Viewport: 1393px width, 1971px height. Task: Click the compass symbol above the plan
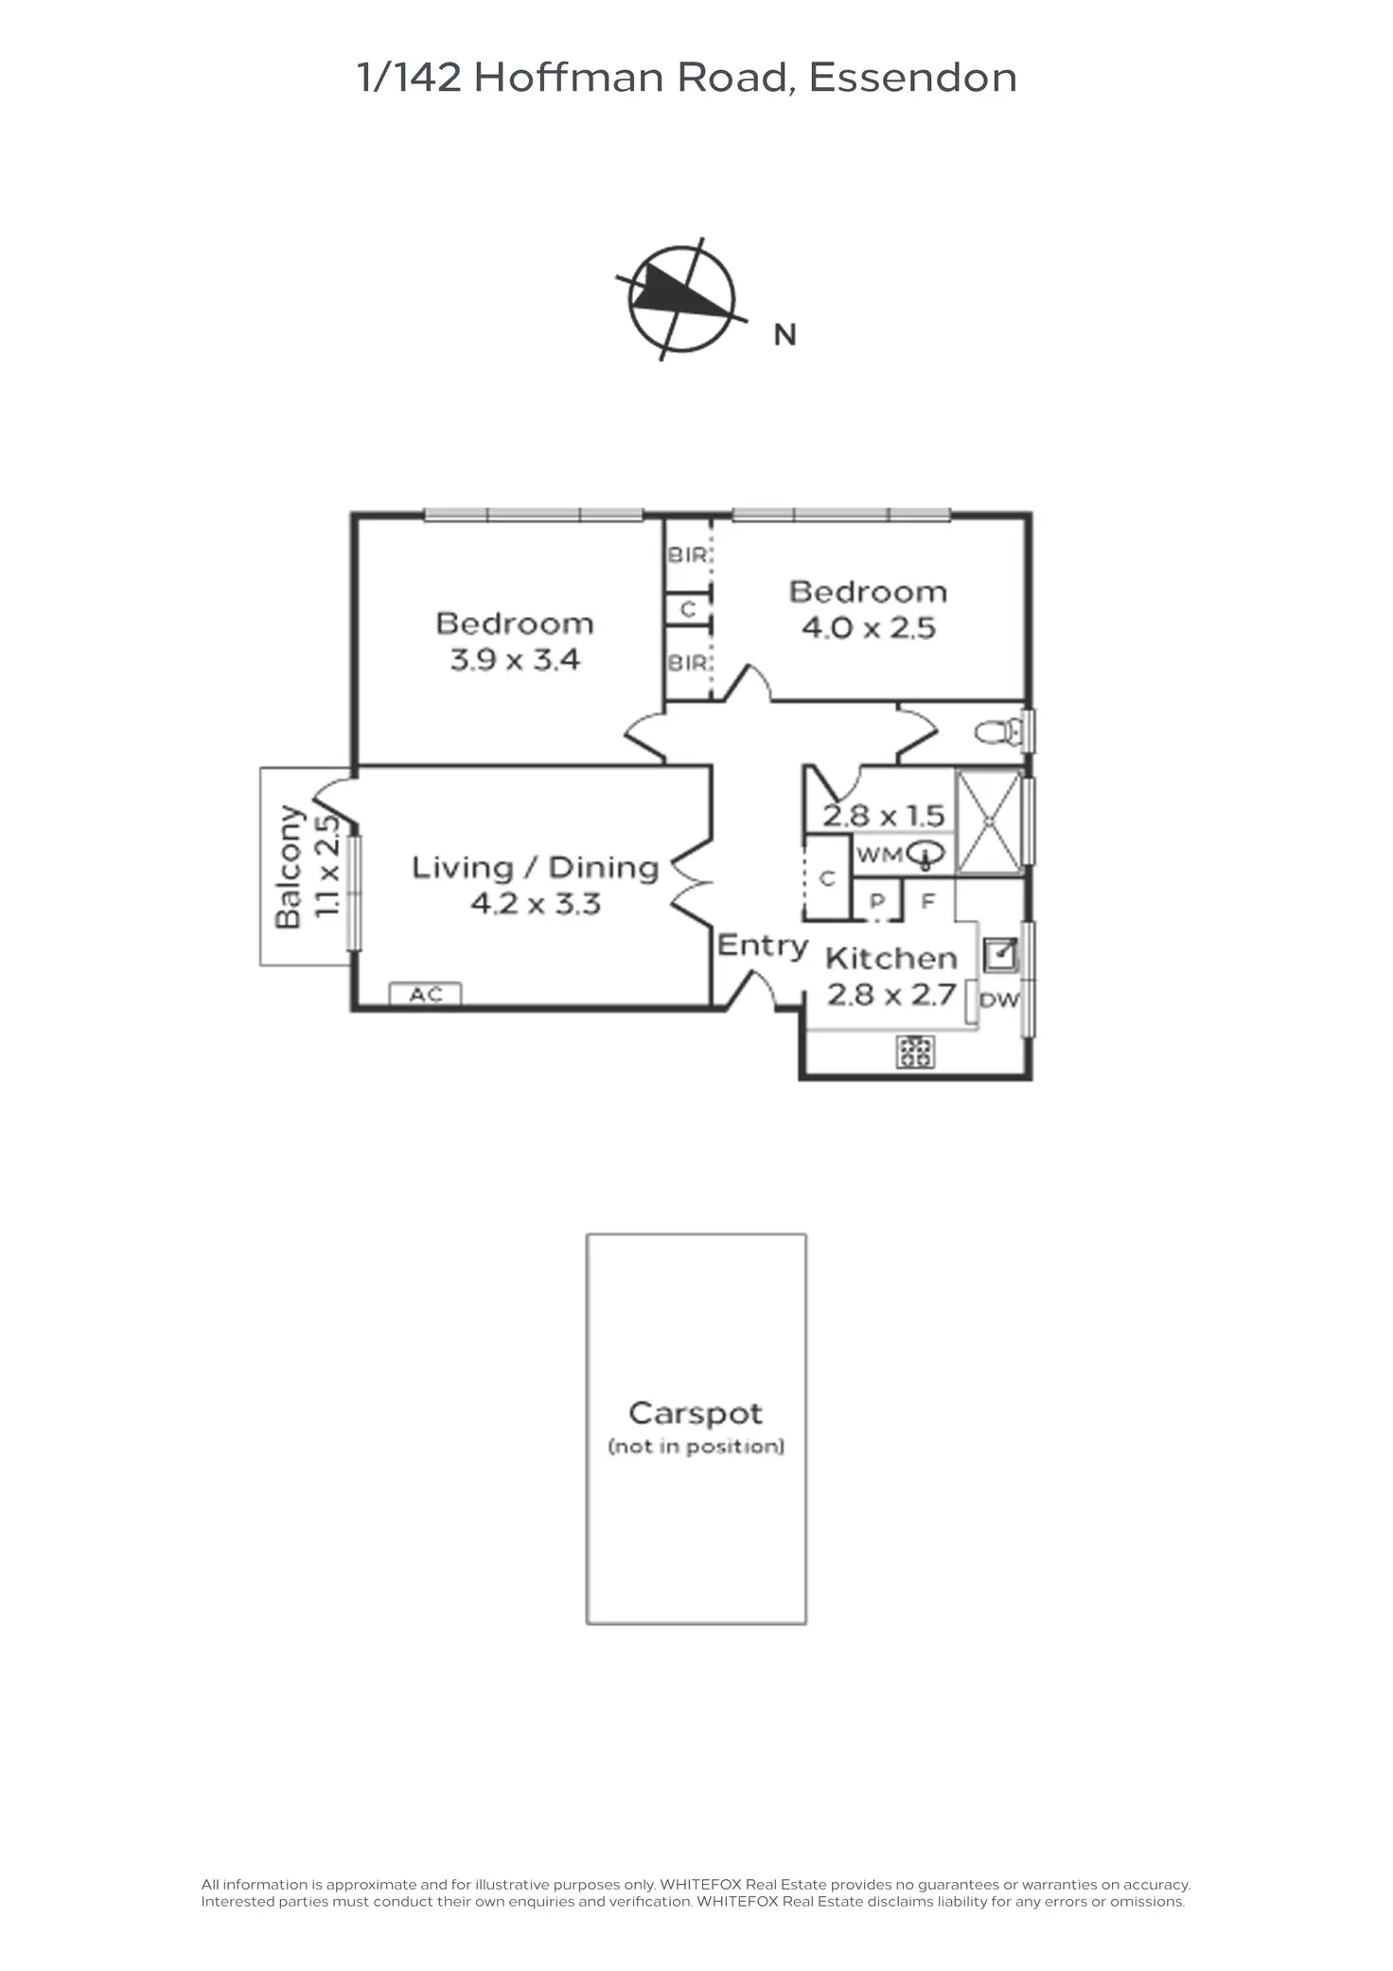pos(680,298)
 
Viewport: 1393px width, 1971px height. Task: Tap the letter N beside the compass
pos(785,335)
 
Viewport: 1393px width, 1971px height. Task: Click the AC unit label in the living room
pos(425,994)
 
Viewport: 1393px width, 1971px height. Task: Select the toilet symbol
pos(998,732)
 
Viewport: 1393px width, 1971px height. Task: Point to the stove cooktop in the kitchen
pos(915,1052)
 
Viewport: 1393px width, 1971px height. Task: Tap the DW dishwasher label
pos(999,1000)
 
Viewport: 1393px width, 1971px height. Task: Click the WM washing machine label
pos(879,855)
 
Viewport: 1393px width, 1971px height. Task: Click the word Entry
pos(763,945)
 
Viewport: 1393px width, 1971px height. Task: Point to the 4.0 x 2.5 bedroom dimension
pos(868,628)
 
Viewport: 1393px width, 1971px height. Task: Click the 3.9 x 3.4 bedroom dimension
pos(515,659)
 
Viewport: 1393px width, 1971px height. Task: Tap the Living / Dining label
pos(535,867)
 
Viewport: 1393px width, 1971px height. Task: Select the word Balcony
pos(289,866)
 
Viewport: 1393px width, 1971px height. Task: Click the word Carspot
pos(696,1413)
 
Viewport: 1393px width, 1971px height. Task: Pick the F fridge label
pos(927,900)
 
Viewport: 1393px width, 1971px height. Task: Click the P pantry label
pos(877,901)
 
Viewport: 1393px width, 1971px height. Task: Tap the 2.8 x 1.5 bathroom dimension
pos(883,815)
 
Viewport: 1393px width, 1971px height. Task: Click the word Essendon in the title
pos(913,78)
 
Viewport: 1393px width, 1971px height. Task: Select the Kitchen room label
pos(890,958)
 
